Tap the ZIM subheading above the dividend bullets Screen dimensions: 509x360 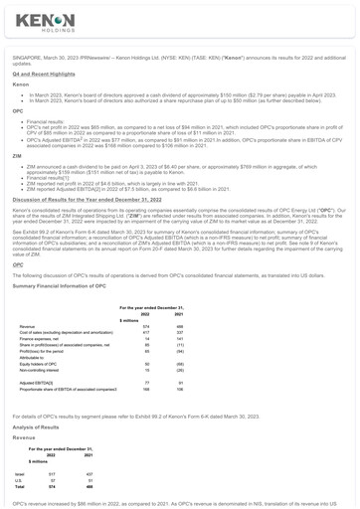17,155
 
